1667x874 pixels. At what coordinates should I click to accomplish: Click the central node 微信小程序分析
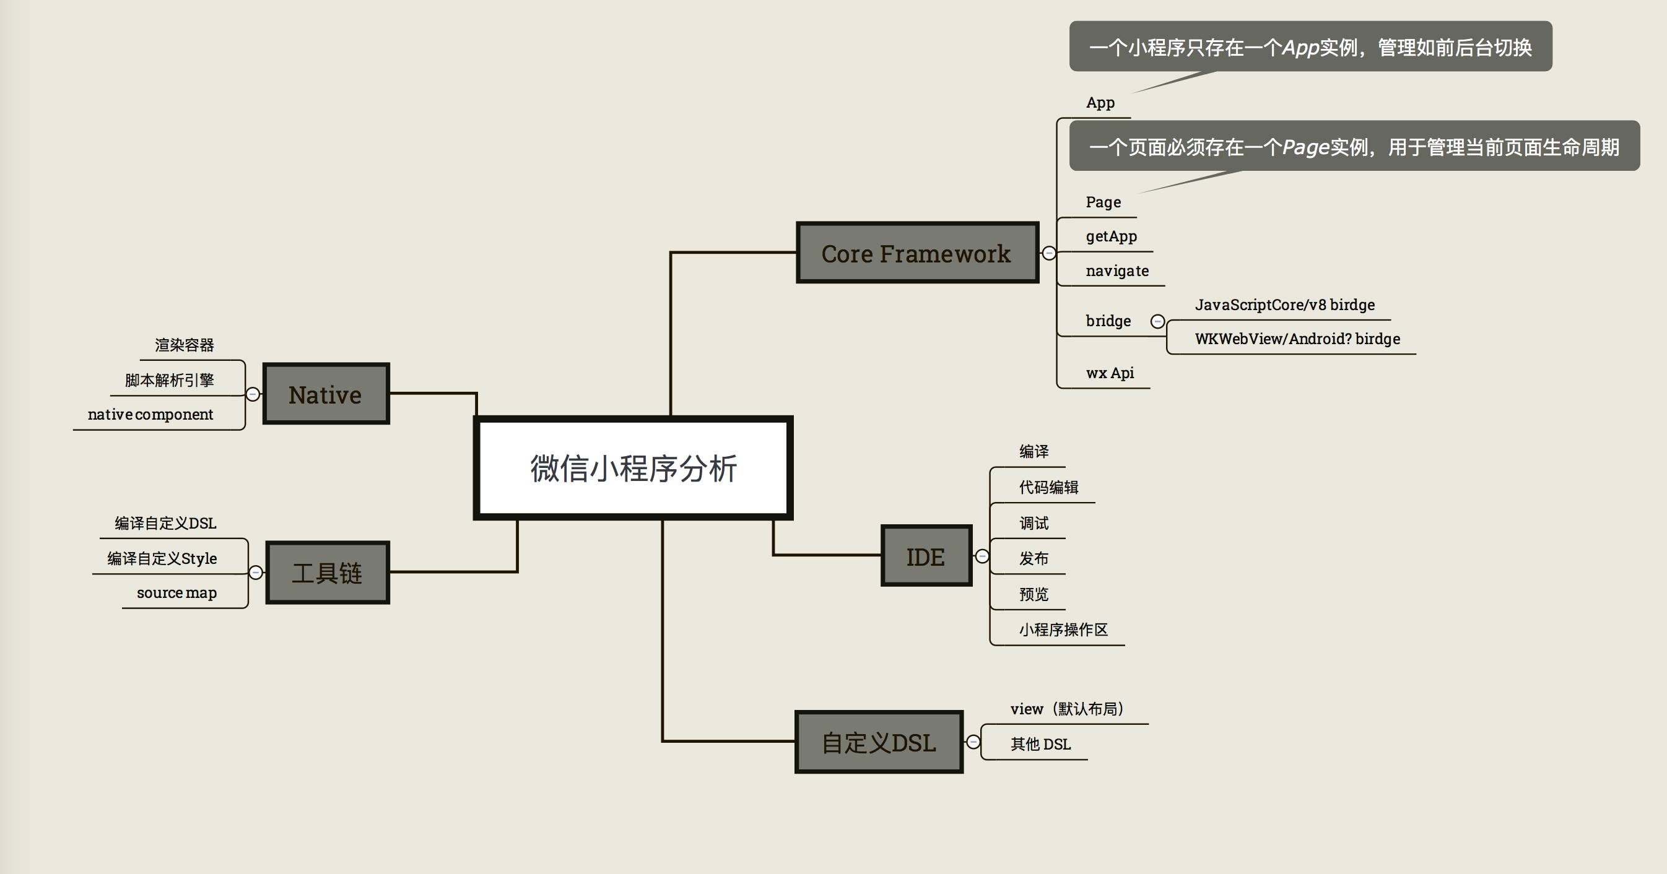pyautogui.click(x=633, y=468)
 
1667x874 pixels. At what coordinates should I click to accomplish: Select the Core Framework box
pyautogui.click(x=916, y=253)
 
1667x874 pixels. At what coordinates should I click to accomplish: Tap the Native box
pyautogui.click(x=326, y=394)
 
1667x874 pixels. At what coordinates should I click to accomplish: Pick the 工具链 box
pyautogui.click(x=327, y=573)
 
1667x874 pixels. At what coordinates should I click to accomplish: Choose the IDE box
pyautogui.click(x=926, y=556)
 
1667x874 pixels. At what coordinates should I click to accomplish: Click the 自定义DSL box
pyautogui.click(x=878, y=742)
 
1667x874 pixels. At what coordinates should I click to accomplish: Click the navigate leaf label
pyautogui.click(x=1117, y=270)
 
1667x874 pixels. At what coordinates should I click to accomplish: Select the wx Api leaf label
pyautogui.click(x=1110, y=373)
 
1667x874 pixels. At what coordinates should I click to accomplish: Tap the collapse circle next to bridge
pyautogui.click(x=1158, y=321)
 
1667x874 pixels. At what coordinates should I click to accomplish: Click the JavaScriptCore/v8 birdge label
pyautogui.click(x=1284, y=305)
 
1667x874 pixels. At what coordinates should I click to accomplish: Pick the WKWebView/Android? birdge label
pyautogui.click(x=1297, y=339)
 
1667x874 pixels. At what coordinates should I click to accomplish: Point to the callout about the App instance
pyautogui.click(x=1310, y=46)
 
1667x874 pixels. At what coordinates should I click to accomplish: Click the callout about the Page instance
pyautogui.click(x=1353, y=146)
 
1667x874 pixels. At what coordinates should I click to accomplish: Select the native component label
pyautogui.click(x=150, y=414)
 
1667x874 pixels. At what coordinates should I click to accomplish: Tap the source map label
pyautogui.click(x=176, y=592)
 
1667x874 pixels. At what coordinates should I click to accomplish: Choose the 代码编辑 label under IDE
pyautogui.click(x=1048, y=487)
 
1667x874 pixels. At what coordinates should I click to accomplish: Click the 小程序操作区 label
pyautogui.click(x=1063, y=630)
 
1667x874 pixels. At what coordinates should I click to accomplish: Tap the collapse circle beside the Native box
pyautogui.click(x=253, y=394)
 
